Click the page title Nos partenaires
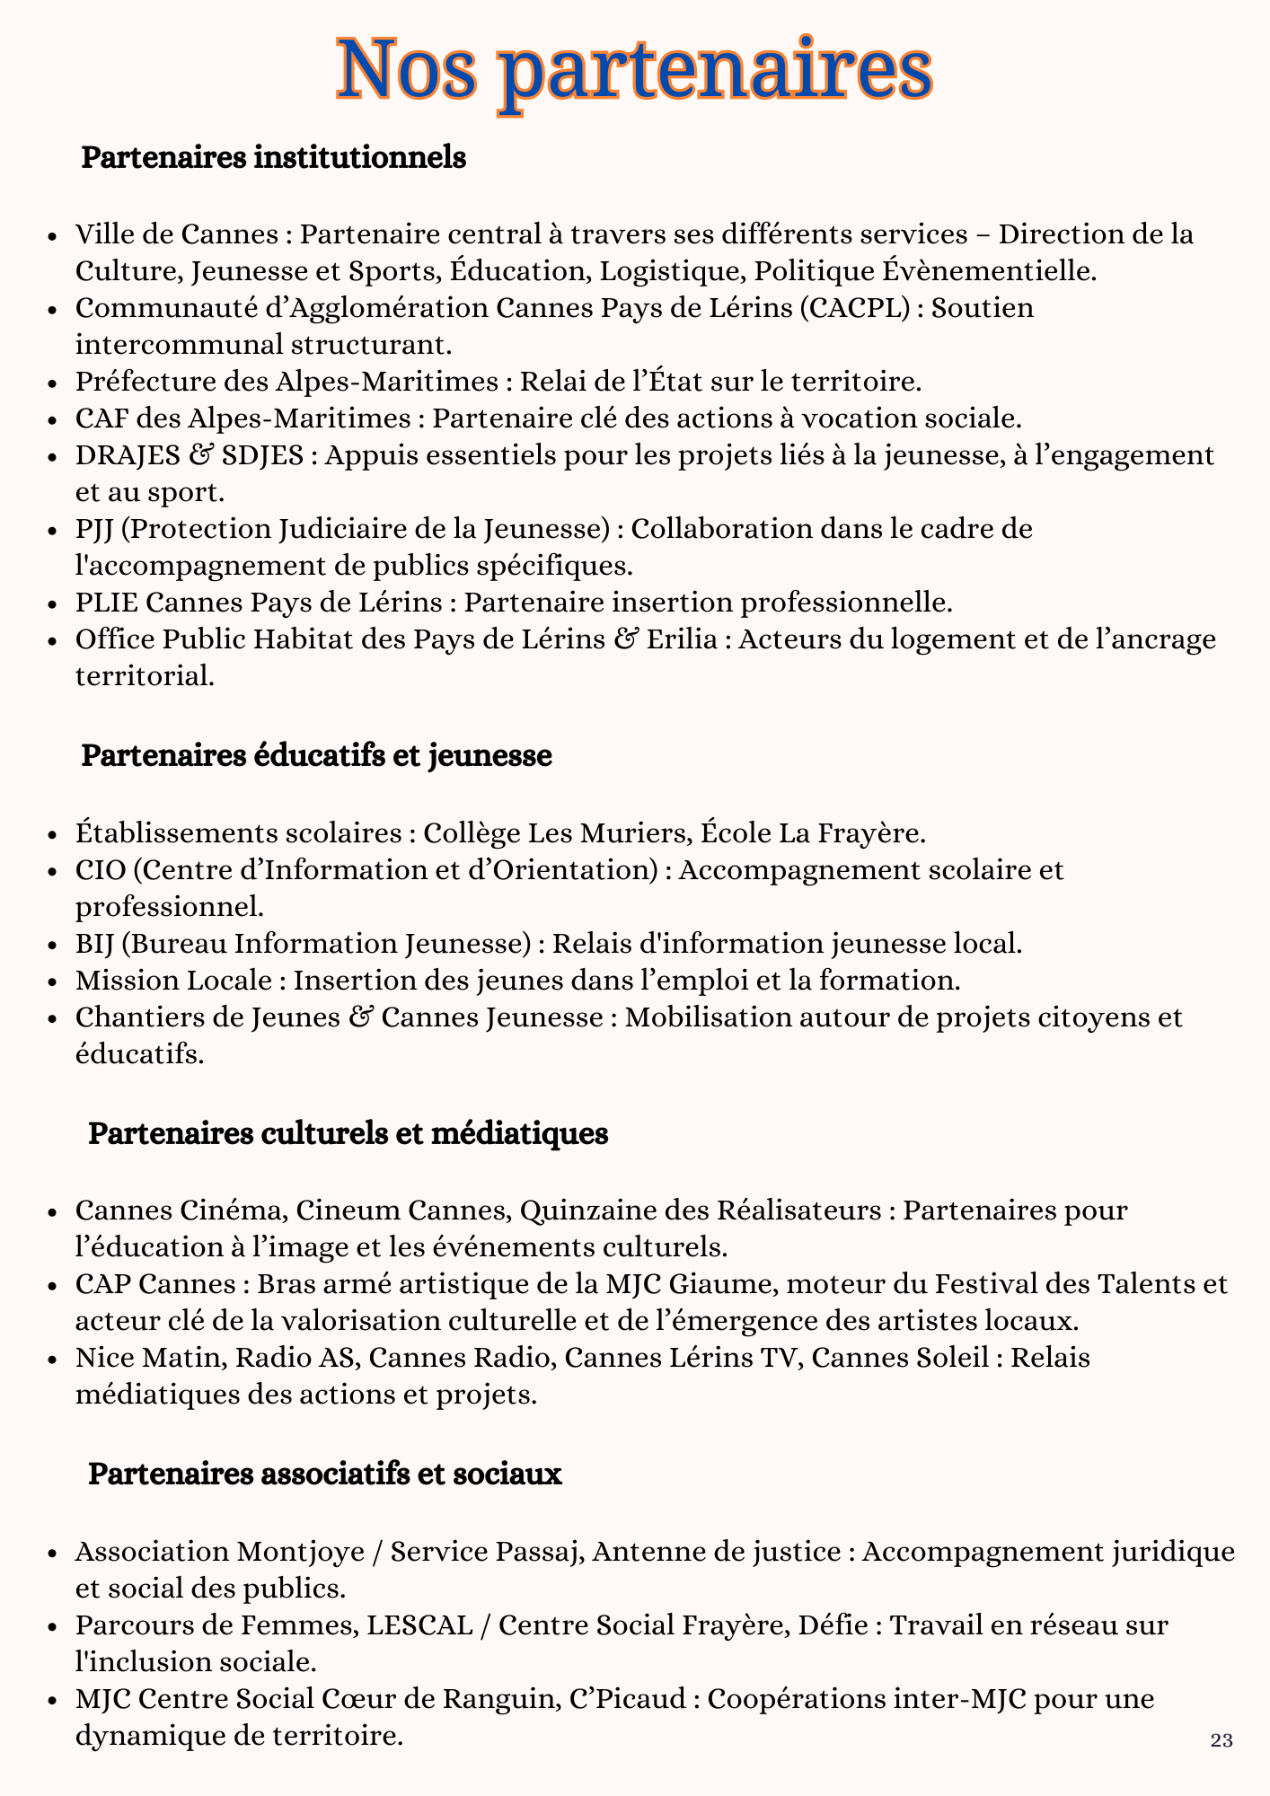634,69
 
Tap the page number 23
1221,1741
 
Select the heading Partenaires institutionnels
273,158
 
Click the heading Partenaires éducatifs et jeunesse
316,756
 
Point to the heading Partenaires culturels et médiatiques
348,1134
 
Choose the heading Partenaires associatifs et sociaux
324,1475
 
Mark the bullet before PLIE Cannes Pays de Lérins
57,603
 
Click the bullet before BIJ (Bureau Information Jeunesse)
57,945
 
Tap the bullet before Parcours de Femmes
57,1626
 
